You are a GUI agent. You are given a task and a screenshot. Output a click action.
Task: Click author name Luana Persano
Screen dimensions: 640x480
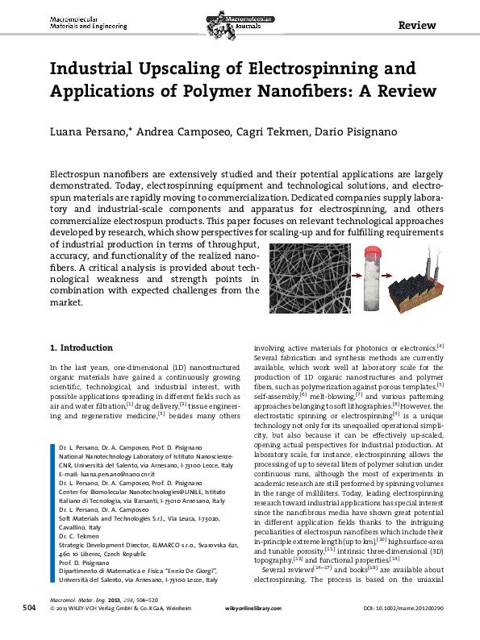click(x=88, y=132)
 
